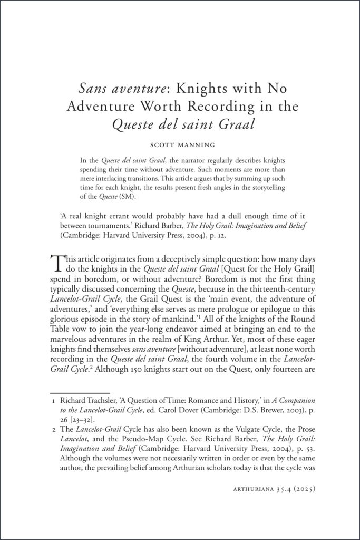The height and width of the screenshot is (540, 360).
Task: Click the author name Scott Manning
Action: point(180,143)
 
